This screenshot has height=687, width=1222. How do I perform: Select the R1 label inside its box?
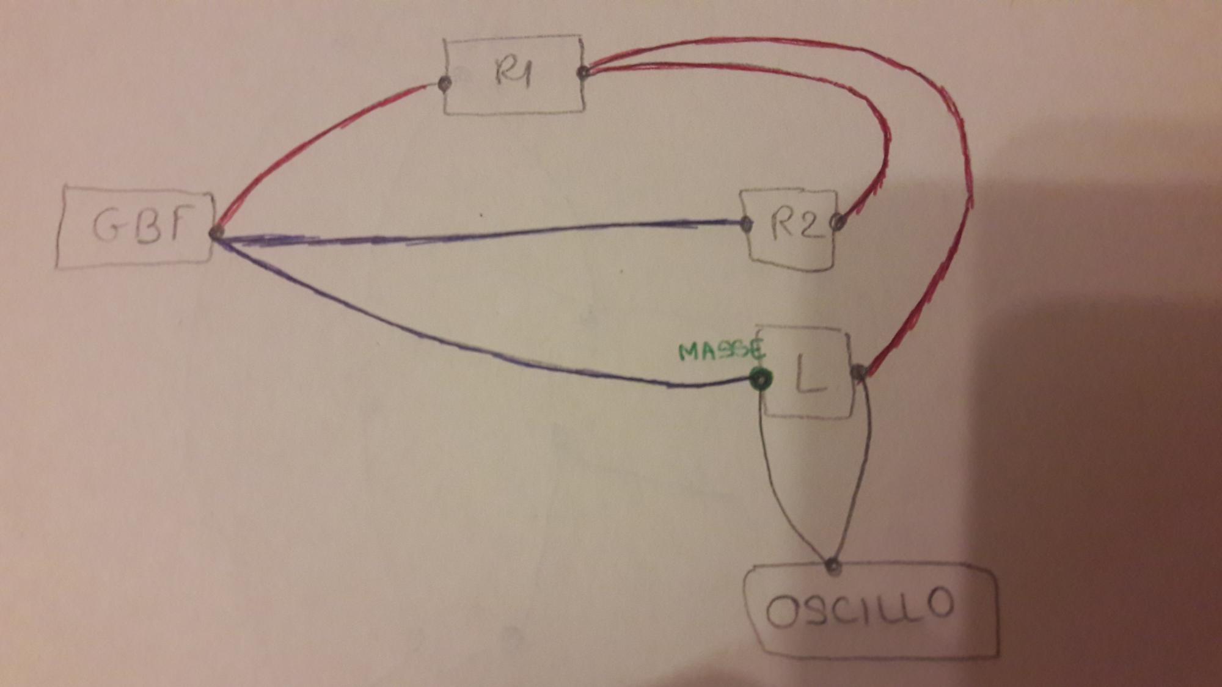[513, 72]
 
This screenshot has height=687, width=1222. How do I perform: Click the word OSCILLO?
[859, 608]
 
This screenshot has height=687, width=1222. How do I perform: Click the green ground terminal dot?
[760, 380]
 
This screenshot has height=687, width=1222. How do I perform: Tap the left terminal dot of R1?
[445, 82]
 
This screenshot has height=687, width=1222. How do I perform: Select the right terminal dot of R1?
[583, 73]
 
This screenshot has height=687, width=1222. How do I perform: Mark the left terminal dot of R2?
[745, 224]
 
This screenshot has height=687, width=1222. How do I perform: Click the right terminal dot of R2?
[840, 222]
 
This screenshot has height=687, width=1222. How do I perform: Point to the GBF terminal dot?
[215, 233]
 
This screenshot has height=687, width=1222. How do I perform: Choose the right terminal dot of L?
[858, 371]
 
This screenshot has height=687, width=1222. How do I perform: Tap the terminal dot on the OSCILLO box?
[833, 565]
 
